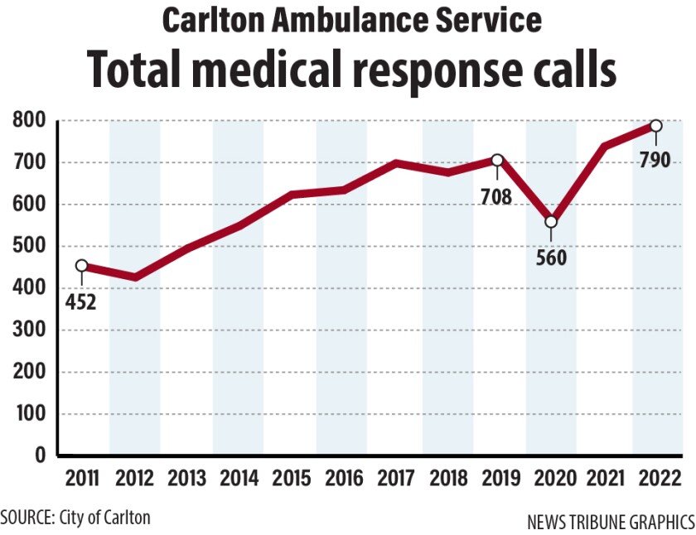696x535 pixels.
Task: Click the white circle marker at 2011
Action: click(x=81, y=266)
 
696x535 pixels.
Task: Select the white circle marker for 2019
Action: click(x=497, y=160)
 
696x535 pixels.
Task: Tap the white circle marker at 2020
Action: click(x=550, y=222)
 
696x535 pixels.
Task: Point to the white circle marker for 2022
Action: click(x=655, y=126)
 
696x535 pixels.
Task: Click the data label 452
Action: click(x=81, y=301)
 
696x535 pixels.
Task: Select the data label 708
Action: click(x=497, y=197)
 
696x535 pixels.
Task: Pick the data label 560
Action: click(x=550, y=258)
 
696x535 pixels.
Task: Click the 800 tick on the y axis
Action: click(x=29, y=121)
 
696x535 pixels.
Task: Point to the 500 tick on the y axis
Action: click(x=29, y=247)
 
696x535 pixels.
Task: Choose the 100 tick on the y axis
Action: click(x=29, y=414)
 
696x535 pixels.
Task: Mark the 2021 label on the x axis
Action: click(x=603, y=479)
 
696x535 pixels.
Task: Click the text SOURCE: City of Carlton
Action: click(x=76, y=518)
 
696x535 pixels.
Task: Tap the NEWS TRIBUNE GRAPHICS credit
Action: click(x=611, y=523)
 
